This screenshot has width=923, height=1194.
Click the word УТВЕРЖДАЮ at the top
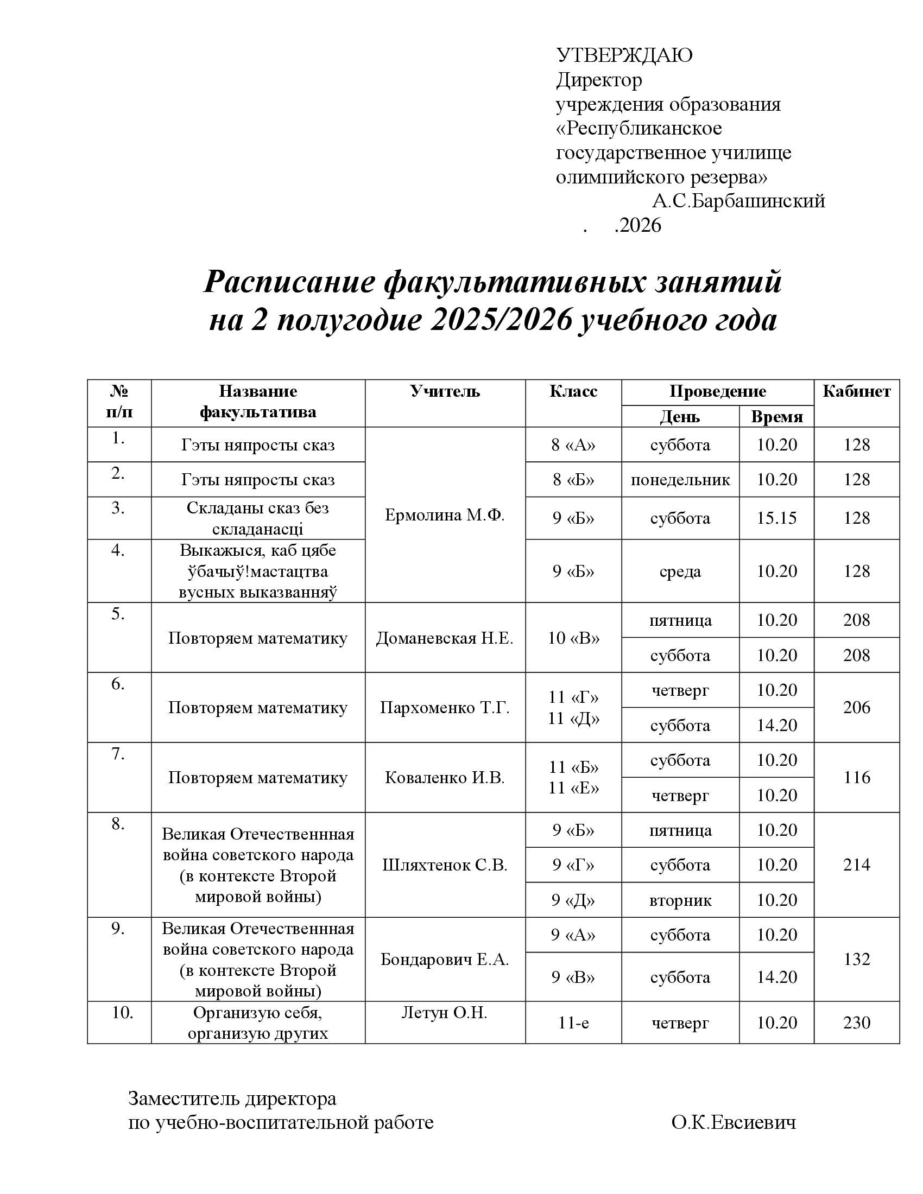pyautogui.click(x=624, y=56)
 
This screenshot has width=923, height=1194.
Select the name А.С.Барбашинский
pyautogui.click(x=738, y=201)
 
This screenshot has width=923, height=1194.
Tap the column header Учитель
pyautogui.click(x=445, y=391)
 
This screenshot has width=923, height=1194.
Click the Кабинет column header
pyautogui.click(x=856, y=391)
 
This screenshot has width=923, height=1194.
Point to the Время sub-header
pyautogui.click(x=776, y=417)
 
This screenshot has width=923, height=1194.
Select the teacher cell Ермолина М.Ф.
pyautogui.click(x=445, y=515)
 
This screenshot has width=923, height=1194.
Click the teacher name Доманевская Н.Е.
pyautogui.click(x=445, y=638)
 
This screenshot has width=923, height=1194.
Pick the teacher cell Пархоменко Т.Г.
pyautogui.click(x=445, y=708)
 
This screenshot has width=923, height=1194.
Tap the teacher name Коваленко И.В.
pyautogui.click(x=445, y=778)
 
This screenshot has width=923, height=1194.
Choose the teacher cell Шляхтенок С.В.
pyautogui.click(x=445, y=866)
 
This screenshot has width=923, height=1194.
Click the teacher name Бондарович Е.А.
pyautogui.click(x=445, y=960)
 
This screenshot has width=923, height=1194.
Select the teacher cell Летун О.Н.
pyautogui.click(x=445, y=1013)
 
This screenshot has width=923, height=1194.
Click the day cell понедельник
pyautogui.click(x=680, y=480)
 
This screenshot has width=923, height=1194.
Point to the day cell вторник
pyautogui.click(x=680, y=900)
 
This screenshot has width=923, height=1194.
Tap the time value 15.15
pyautogui.click(x=776, y=518)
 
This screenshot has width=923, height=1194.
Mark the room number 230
pyautogui.click(x=856, y=1023)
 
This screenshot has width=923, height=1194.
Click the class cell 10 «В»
pyautogui.click(x=573, y=638)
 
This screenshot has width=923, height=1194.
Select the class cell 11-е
pyautogui.click(x=573, y=1023)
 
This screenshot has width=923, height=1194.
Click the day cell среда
pyautogui.click(x=680, y=572)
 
